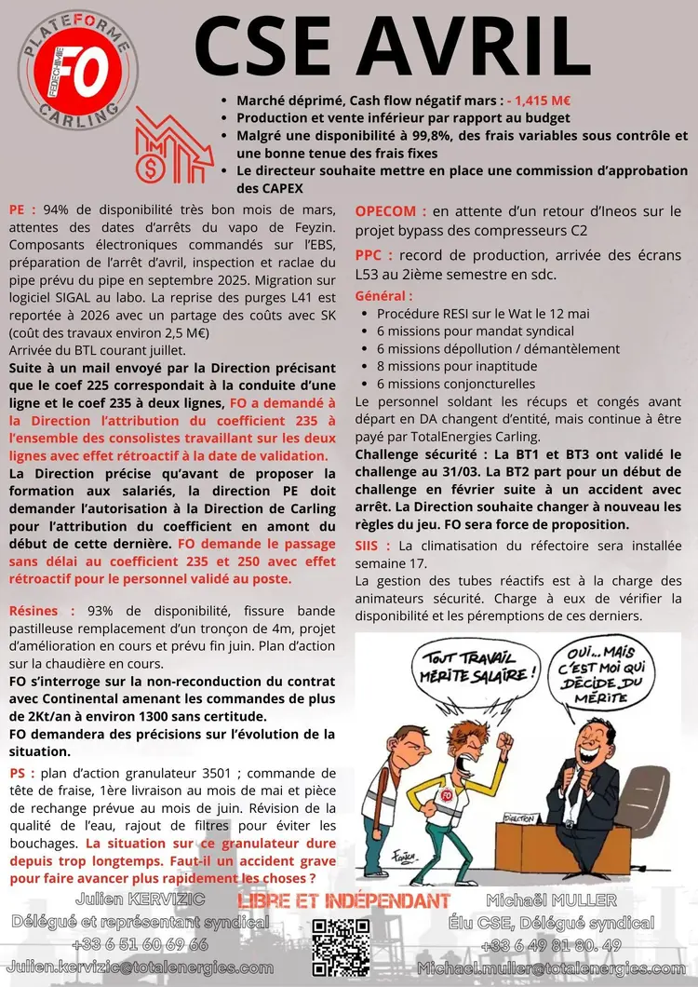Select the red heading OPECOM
[x=391, y=211]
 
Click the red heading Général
[x=383, y=296]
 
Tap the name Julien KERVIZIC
[x=140, y=899]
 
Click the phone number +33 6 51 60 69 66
[x=140, y=944]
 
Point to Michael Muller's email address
[x=557, y=967]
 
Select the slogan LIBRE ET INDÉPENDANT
[x=344, y=901]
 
